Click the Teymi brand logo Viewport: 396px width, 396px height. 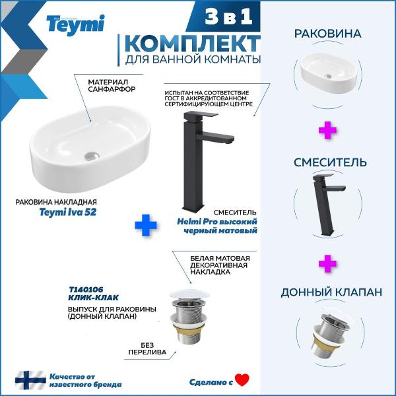(x=75, y=25)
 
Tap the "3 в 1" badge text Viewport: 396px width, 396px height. (x=228, y=16)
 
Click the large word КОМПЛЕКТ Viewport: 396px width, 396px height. (x=193, y=44)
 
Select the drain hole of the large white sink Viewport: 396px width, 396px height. (x=92, y=155)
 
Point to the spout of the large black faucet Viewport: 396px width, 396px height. (x=218, y=138)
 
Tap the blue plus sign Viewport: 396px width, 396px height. (x=146, y=225)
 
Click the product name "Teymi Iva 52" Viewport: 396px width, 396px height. (x=68, y=212)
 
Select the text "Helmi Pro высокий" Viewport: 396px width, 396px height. (x=217, y=222)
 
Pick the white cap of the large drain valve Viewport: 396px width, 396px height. (x=189, y=295)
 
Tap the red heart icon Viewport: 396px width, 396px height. (x=242, y=380)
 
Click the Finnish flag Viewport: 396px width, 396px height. (x=30, y=380)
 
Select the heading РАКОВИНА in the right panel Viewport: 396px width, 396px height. (x=328, y=34)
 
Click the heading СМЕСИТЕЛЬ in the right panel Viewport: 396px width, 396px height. (x=330, y=162)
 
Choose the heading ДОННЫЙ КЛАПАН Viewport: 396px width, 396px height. (x=331, y=292)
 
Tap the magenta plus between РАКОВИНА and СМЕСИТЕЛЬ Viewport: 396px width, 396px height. (x=327, y=131)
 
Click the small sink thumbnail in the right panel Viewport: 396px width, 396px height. (x=328, y=73)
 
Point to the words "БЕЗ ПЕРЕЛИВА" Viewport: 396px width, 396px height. (x=147, y=348)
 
